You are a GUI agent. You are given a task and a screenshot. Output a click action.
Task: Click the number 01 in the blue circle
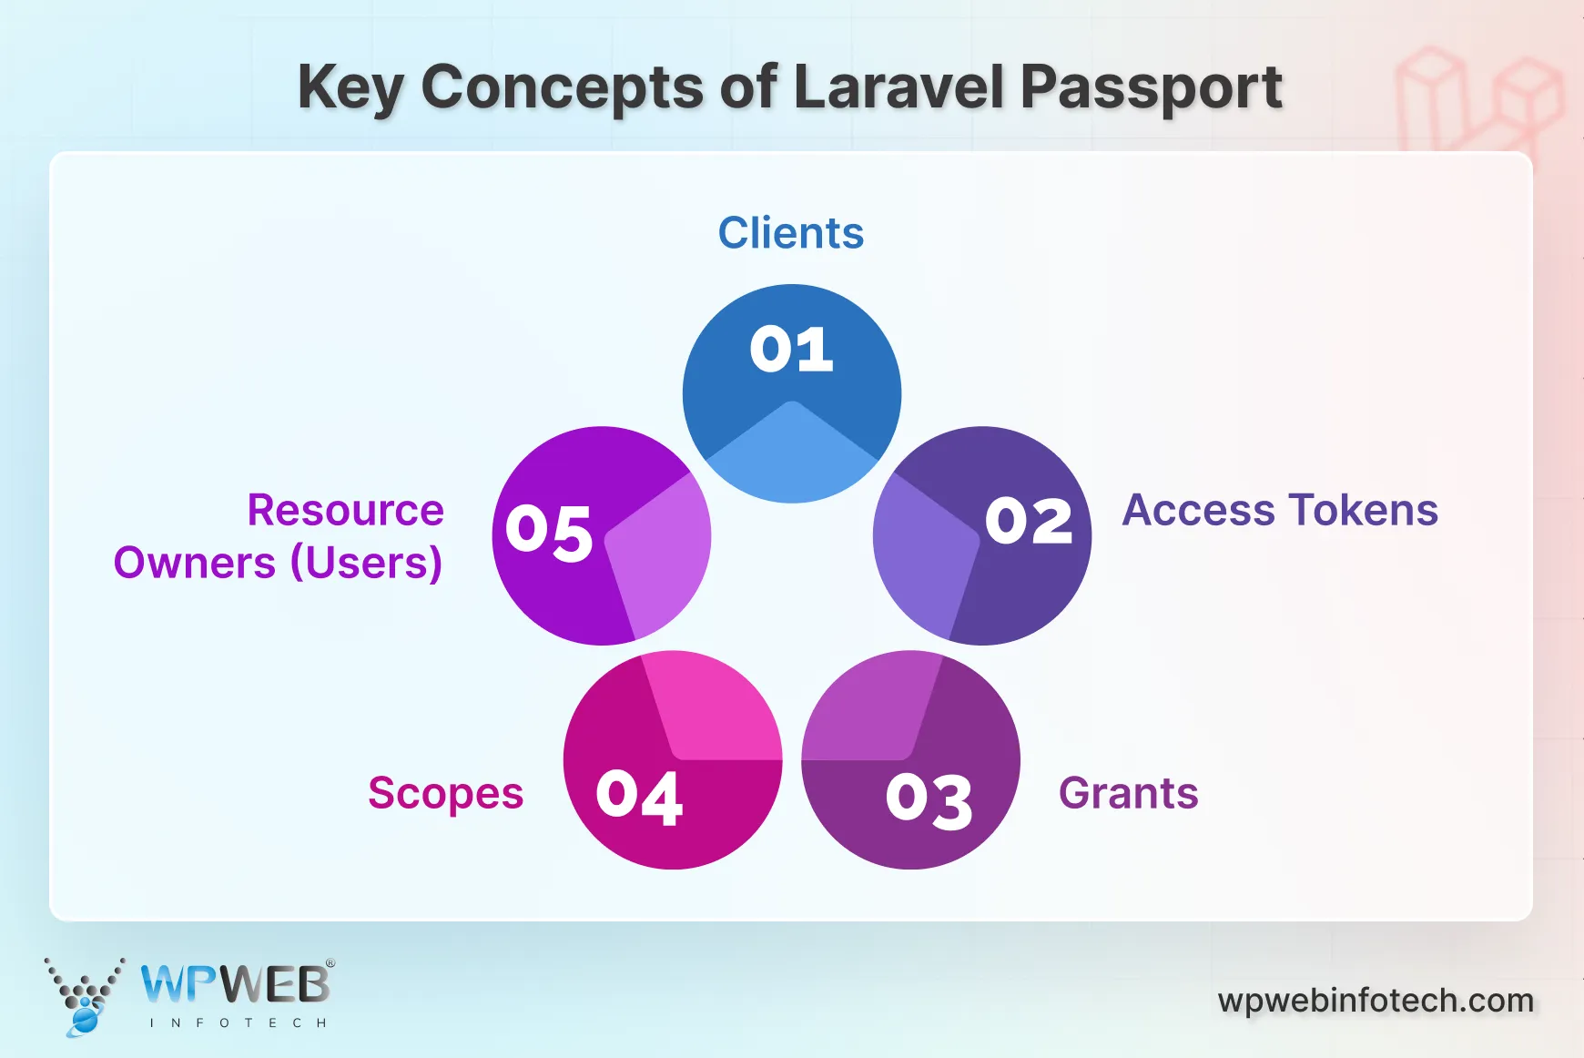(791, 350)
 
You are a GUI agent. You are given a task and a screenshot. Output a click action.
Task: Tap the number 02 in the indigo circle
(1029, 522)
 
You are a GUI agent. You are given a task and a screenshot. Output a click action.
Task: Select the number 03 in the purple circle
(929, 801)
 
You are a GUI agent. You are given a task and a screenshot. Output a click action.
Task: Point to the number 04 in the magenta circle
(639, 798)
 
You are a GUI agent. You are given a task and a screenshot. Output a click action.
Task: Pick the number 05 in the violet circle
(549, 533)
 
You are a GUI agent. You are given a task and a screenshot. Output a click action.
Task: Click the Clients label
(790, 233)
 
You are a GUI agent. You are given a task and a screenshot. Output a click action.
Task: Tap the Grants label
(1128, 793)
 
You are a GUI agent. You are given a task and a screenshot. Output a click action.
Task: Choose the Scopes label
(445, 793)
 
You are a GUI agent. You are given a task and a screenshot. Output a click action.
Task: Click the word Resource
(345, 510)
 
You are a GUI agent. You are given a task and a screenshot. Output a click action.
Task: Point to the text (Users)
(366, 563)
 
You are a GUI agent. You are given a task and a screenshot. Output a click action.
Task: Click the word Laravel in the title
(899, 87)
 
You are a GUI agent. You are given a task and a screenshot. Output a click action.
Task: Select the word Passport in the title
(1151, 89)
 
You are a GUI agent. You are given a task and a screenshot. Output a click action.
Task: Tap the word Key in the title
(350, 89)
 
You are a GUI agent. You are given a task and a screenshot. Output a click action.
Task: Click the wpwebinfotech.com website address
(1376, 1001)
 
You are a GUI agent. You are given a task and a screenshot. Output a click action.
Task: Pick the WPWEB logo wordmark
(236, 984)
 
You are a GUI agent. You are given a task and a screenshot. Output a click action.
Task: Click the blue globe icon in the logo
(84, 1020)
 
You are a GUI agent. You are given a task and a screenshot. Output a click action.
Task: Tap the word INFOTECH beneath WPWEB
(238, 1023)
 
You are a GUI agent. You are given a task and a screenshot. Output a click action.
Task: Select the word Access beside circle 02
(1198, 510)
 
